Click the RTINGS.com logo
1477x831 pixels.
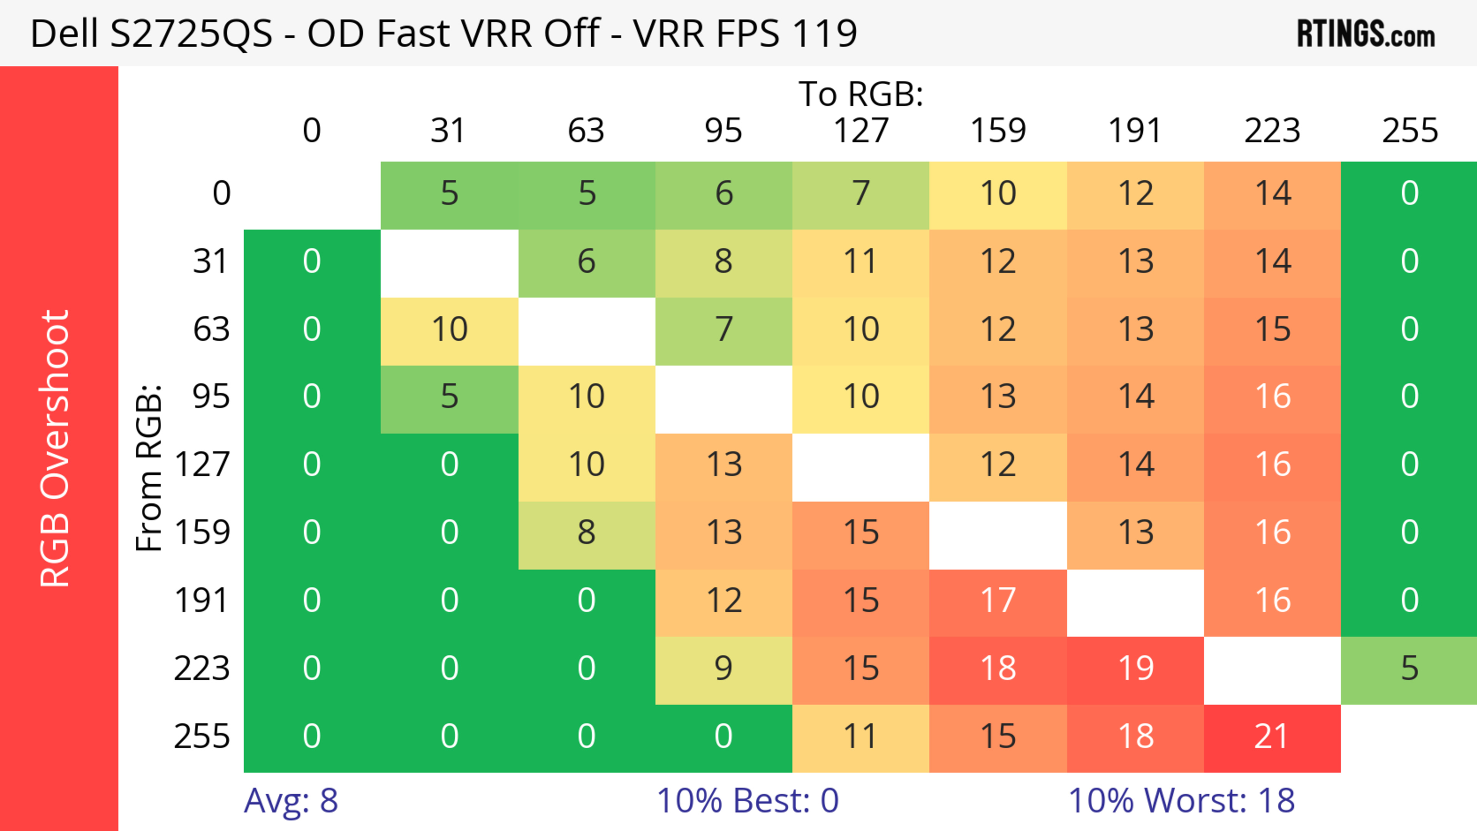[x=1365, y=33]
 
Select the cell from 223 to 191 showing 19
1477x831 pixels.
[x=1135, y=669]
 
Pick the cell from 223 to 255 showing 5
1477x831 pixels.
[x=1409, y=669]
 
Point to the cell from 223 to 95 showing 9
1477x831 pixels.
[x=723, y=669]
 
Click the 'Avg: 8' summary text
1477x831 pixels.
[x=291, y=801]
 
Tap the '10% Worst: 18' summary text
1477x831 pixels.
[x=1181, y=801]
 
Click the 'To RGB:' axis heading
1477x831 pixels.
[x=861, y=94]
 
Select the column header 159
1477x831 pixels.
[x=998, y=131]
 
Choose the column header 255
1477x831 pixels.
[x=1409, y=131]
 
